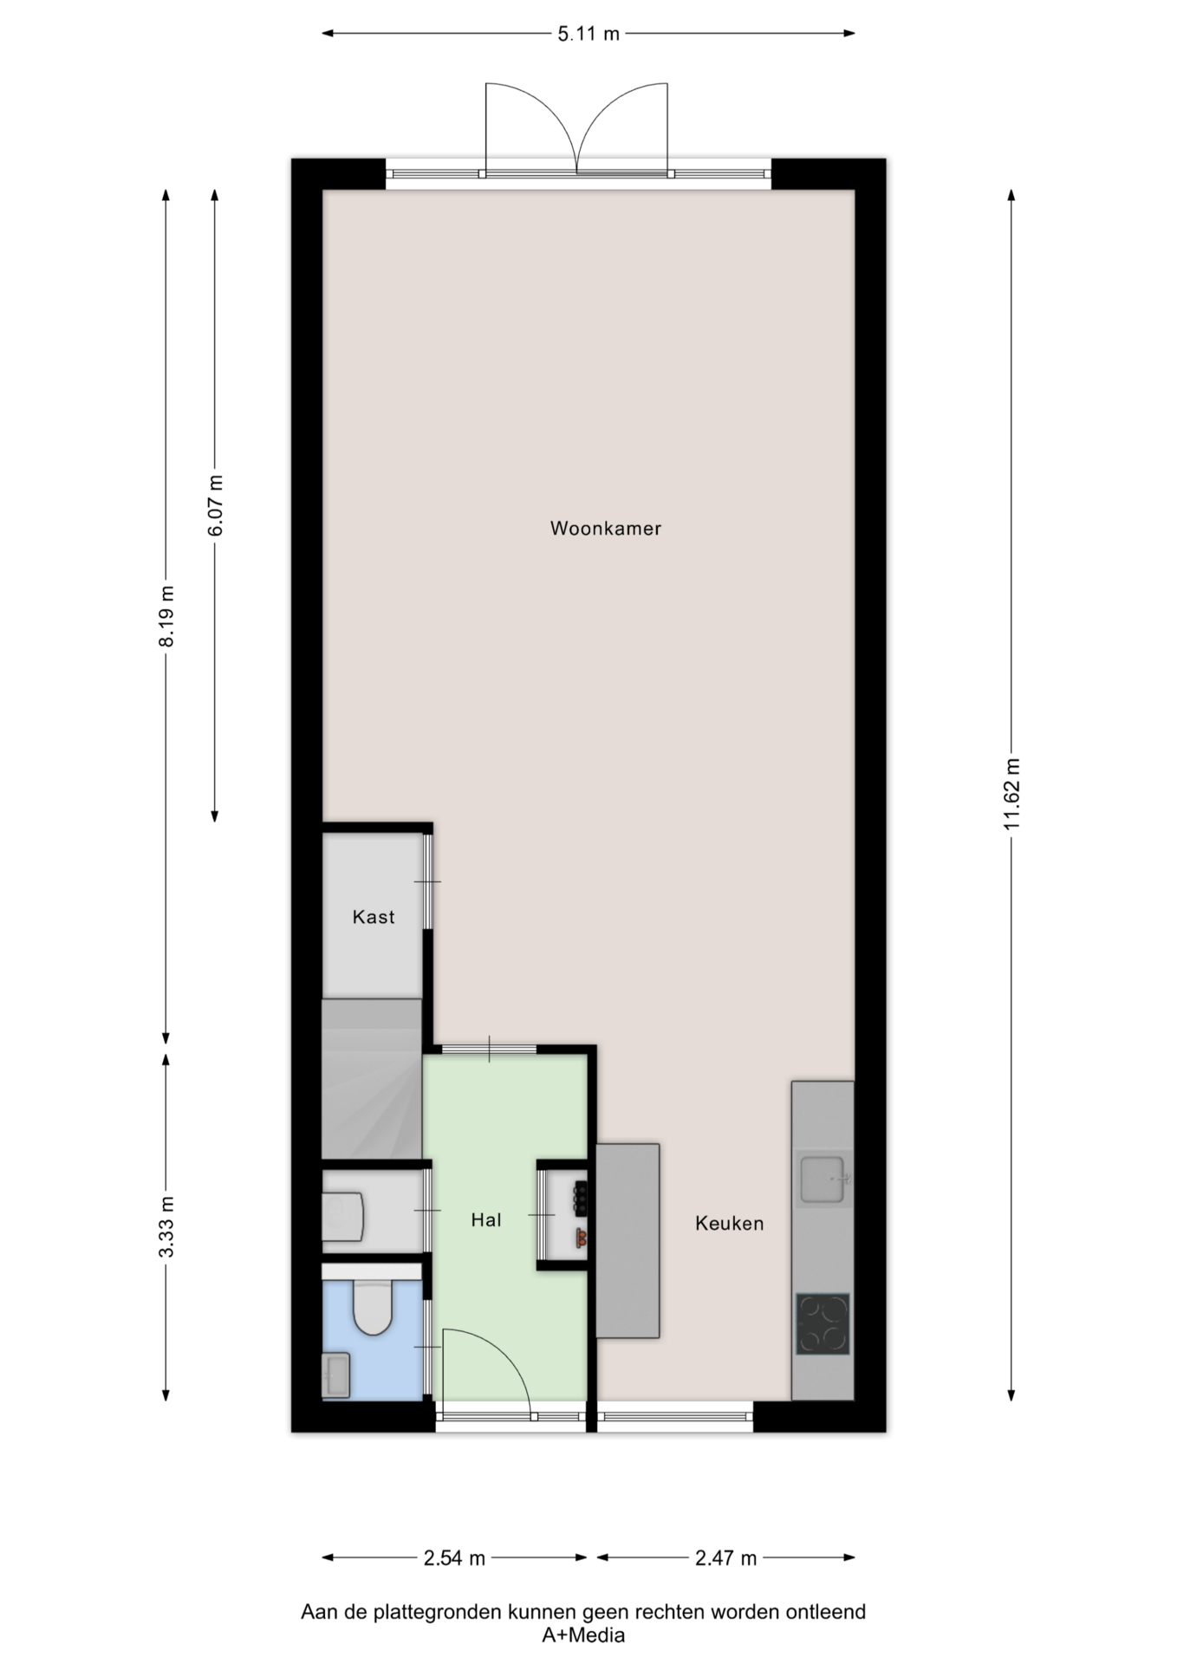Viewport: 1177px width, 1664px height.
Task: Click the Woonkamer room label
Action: click(x=605, y=528)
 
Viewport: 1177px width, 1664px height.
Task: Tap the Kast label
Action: click(x=374, y=916)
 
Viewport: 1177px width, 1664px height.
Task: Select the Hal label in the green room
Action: click(x=486, y=1219)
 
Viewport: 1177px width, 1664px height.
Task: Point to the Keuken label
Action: click(x=729, y=1223)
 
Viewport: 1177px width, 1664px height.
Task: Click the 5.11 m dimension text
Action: click(x=588, y=34)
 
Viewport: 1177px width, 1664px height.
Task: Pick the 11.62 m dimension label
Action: click(x=1011, y=794)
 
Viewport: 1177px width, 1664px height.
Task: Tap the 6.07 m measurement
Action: click(x=215, y=505)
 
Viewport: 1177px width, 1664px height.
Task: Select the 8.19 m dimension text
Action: click(x=166, y=615)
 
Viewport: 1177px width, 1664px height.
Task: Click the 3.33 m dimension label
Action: click(x=166, y=1226)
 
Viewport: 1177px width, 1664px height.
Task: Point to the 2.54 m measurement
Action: click(x=454, y=1558)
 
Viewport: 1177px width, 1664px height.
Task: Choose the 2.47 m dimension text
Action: click(x=726, y=1558)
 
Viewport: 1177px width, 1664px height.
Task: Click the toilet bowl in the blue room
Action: click(x=374, y=1308)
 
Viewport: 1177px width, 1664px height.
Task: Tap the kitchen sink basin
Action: click(x=822, y=1179)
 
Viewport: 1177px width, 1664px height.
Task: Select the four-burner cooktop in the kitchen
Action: click(x=823, y=1323)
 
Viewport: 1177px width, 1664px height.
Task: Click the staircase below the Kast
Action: click(x=372, y=1078)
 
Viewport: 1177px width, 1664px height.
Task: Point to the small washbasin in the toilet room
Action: click(x=336, y=1375)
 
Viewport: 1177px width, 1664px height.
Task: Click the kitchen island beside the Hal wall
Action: click(x=628, y=1240)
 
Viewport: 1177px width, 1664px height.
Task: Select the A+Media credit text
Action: click(x=583, y=1635)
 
